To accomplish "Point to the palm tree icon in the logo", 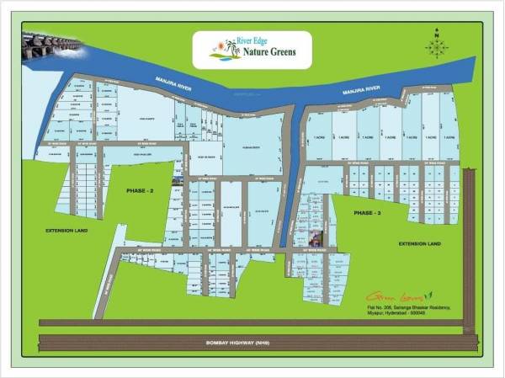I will pos(226,49).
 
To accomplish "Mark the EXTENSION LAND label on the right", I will pos(418,243).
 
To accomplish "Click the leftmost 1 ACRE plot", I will pos(319,137).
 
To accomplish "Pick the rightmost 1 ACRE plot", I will pos(449,137).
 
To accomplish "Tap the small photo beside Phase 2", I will pos(178,178).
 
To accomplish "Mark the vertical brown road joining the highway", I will pos(470,253).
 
